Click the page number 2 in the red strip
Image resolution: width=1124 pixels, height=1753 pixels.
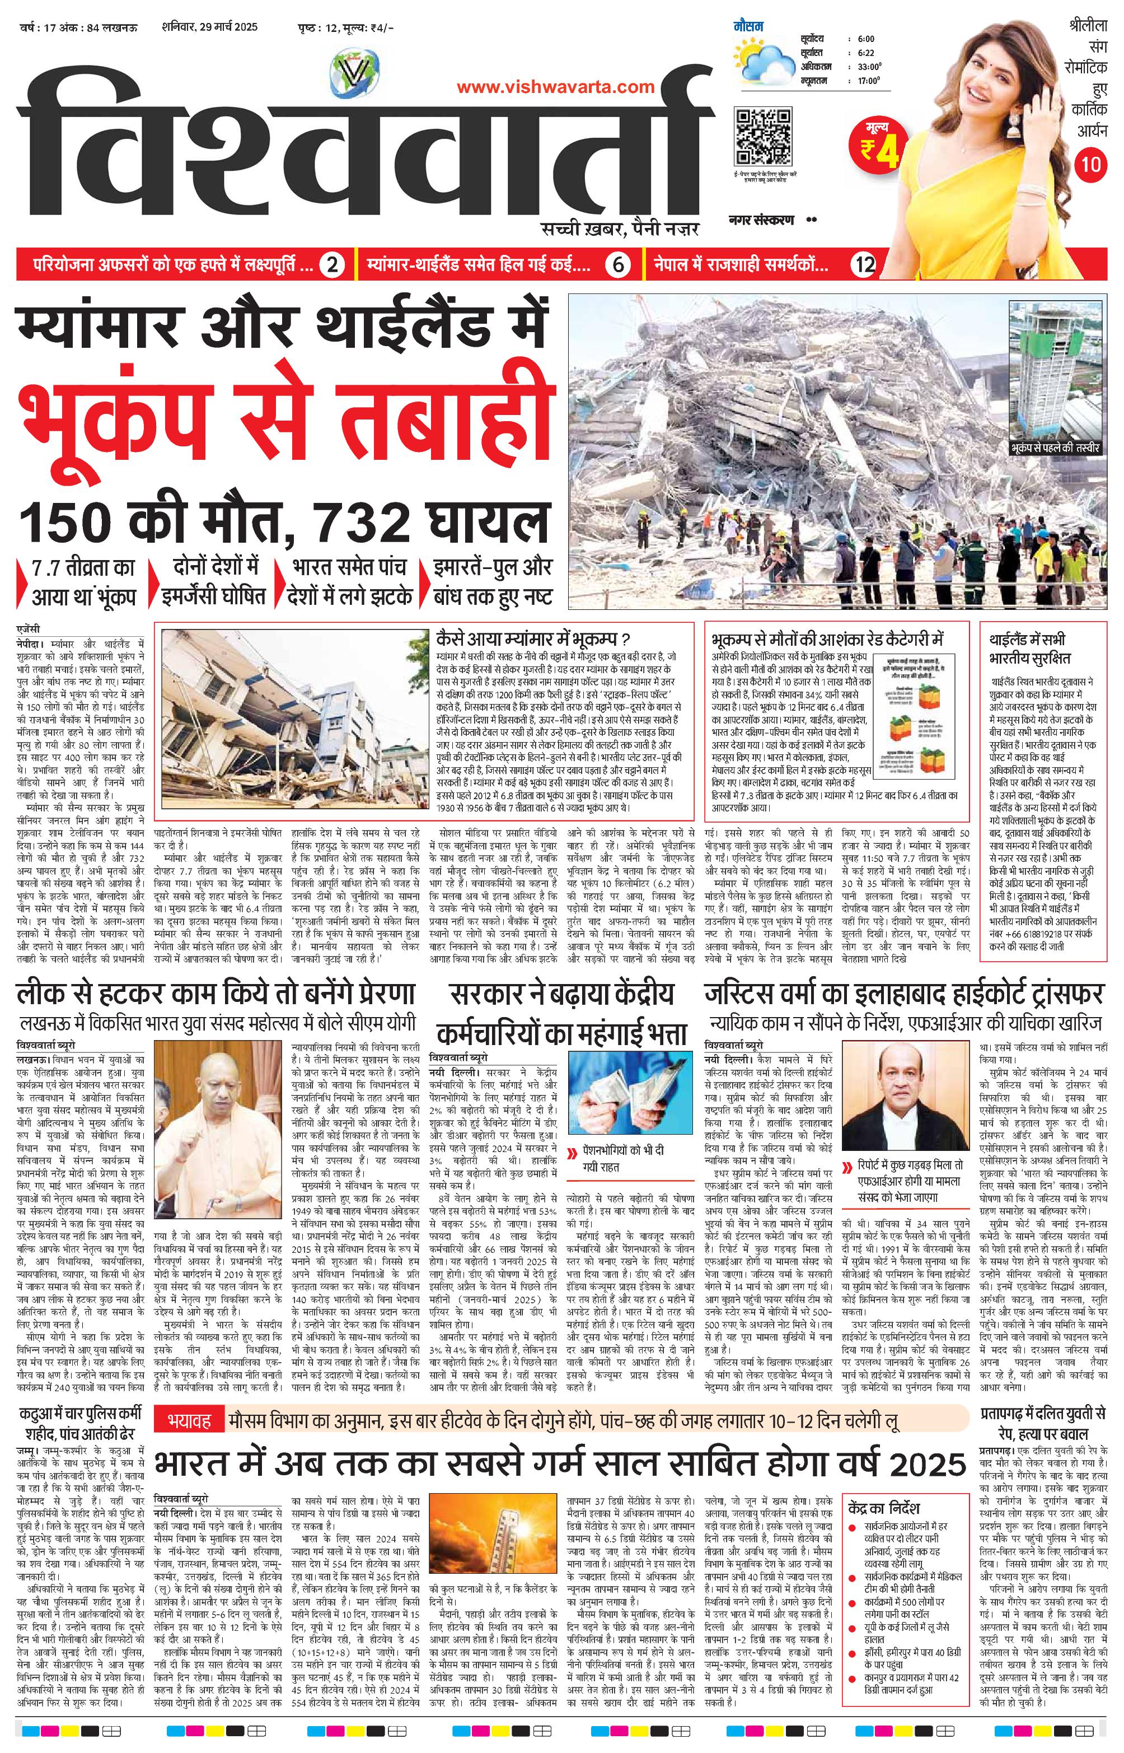[331, 264]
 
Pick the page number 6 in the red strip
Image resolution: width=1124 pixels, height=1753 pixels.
[618, 264]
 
